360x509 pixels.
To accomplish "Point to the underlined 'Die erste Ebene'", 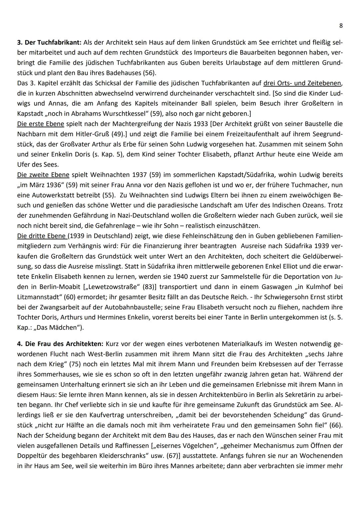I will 40,124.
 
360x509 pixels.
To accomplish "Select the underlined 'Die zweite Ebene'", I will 43,175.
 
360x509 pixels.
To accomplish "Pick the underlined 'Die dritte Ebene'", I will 42,236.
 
